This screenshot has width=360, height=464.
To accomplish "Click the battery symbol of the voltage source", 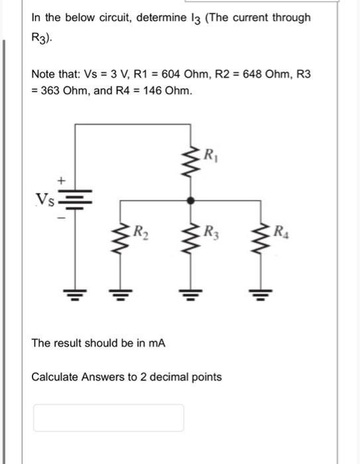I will coord(74,200).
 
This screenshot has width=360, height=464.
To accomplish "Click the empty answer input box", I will coord(109,418).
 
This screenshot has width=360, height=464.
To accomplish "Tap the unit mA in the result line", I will coord(158,343).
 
